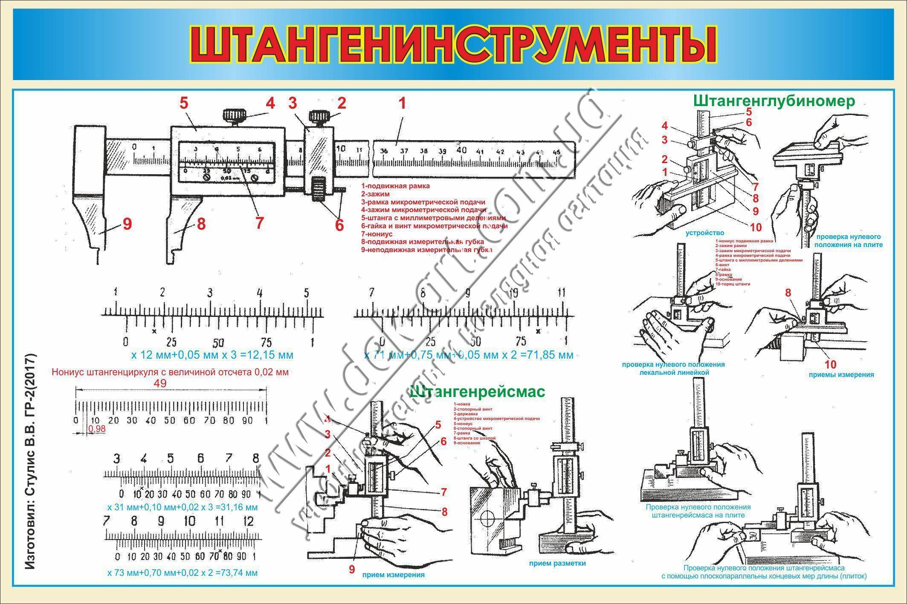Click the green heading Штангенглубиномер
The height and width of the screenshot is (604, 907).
774,101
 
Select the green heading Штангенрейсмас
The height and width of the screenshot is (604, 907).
477,391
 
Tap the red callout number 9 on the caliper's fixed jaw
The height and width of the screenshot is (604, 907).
127,224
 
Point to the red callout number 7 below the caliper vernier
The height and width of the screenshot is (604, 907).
259,222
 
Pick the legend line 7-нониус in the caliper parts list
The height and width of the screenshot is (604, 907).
377,234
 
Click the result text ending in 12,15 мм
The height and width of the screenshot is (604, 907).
212,354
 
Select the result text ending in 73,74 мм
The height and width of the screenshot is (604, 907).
183,573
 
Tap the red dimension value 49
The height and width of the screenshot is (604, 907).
160,383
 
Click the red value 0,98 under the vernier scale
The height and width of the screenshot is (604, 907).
97,429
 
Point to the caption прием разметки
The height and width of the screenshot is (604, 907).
557,563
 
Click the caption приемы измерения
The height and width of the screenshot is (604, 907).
841,374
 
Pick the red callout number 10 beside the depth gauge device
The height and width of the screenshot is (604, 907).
755,227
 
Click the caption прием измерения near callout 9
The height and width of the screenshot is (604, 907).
393,575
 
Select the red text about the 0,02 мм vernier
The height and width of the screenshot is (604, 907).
170,372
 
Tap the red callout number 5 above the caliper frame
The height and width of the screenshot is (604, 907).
184,103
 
